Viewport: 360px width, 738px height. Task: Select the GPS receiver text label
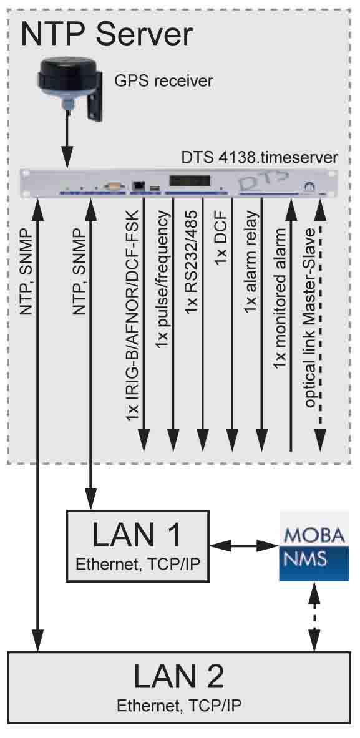click(x=163, y=82)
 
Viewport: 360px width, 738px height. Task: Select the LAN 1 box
click(x=137, y=545)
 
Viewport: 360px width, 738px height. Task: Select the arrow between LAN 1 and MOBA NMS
click(x=244, y=546)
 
